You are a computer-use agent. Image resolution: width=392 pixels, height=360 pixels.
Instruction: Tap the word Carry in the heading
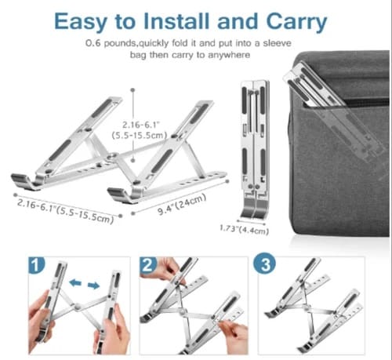296,22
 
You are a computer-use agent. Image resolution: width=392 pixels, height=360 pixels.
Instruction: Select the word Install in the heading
176,21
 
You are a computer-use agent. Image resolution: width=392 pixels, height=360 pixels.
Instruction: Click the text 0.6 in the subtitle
93,43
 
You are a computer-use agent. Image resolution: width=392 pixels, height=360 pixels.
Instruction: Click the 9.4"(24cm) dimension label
182,204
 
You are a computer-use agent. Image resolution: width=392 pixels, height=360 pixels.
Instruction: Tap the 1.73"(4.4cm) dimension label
244,230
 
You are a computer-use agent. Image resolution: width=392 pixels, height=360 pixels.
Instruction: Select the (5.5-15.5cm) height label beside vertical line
140,136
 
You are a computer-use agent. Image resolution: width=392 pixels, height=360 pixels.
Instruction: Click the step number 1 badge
36,265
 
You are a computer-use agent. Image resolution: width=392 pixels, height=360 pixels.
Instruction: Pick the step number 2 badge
148,265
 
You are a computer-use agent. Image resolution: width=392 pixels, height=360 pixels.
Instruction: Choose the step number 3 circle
264,264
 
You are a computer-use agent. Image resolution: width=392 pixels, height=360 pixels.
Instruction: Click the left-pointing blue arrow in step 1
75,282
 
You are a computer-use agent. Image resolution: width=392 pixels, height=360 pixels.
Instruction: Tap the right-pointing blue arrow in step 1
93,285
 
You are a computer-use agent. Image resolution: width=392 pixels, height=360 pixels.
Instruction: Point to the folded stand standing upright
255,150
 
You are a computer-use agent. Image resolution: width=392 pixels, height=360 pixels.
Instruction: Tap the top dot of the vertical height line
133,90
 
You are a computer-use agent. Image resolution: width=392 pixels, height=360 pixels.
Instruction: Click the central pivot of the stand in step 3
307,306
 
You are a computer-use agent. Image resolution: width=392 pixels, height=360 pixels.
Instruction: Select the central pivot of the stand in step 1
77,307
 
